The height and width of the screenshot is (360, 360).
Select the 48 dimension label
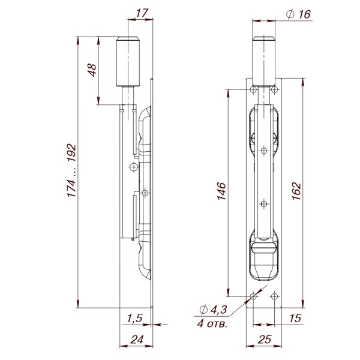coord(92,70)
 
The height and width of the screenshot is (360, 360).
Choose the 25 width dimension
coord(264,339)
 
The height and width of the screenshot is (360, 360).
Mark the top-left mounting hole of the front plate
coord(253,89)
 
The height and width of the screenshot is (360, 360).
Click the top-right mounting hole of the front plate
coord(275,89)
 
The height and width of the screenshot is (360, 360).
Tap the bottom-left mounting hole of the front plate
coord(253,296)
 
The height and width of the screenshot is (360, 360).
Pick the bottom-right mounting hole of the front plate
coord(275,296)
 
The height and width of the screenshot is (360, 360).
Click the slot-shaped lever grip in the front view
coord(264,247)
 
